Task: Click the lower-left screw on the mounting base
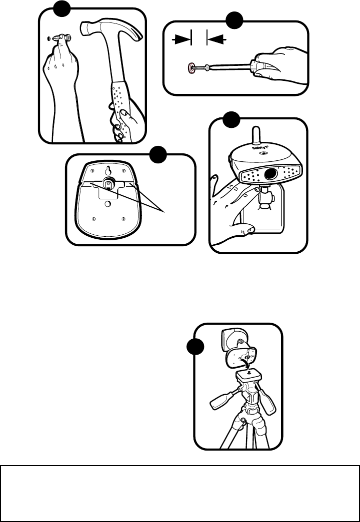[x=95, y=218]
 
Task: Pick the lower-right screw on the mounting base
[x=122, y=218]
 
